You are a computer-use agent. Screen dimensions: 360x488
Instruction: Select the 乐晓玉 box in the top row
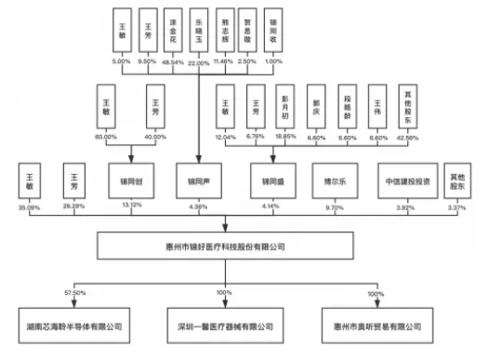[197, 31]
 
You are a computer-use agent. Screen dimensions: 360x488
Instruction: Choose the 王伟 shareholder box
[376, 108]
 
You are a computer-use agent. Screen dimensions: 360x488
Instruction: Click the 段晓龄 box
[346, 108]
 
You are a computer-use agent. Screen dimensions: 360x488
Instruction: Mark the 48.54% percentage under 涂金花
[172, 61]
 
